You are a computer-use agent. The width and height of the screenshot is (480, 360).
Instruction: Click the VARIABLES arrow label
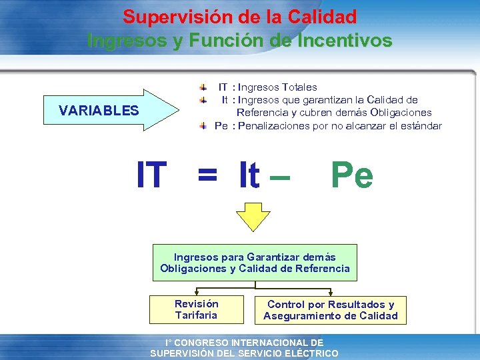click(x=99, y=111)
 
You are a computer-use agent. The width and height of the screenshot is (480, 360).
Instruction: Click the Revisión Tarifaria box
click(x=196, y=309)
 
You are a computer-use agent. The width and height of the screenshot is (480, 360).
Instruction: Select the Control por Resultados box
click(x=331, y=310)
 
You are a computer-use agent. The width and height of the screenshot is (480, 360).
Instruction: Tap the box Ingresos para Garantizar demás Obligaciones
click(x=255, y=263)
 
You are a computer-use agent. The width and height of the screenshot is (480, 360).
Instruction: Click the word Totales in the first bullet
click(x=299, y=87)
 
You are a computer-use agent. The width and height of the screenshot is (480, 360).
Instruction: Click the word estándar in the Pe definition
click(x=420, y=125)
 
